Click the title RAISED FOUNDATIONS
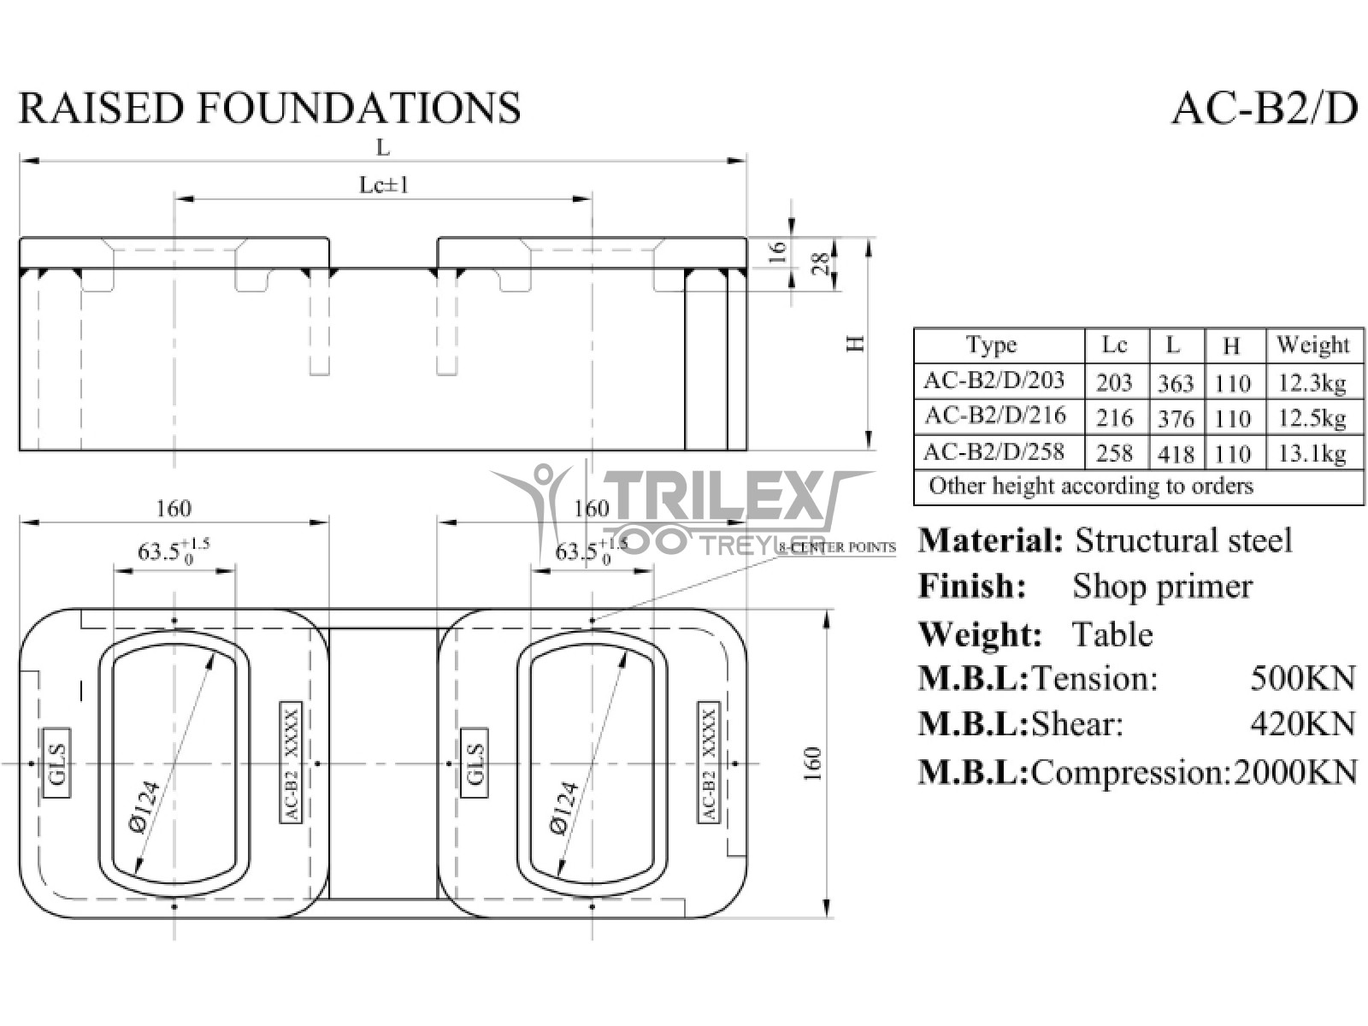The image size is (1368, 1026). [269, 109]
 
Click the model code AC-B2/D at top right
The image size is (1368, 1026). [1264, 109]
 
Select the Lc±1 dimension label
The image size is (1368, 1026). [383, 185]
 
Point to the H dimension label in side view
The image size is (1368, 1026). [855, 344]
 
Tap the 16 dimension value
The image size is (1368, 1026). [776, 251]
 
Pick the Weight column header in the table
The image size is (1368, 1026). [1312, 345]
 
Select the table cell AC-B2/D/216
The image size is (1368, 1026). [995, 416]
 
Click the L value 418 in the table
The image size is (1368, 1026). [1175, 453]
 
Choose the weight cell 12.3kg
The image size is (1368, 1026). [1312, 382]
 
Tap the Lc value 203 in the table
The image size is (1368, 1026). [1114, 382]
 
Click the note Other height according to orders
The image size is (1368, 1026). [1091, 486]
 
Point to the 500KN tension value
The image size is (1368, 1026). [1302, 678]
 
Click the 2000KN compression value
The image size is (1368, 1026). [1295, 772]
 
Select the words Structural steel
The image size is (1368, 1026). [1182, 540]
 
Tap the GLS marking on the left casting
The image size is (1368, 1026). [57, 764]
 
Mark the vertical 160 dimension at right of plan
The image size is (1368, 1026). [812, 764]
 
